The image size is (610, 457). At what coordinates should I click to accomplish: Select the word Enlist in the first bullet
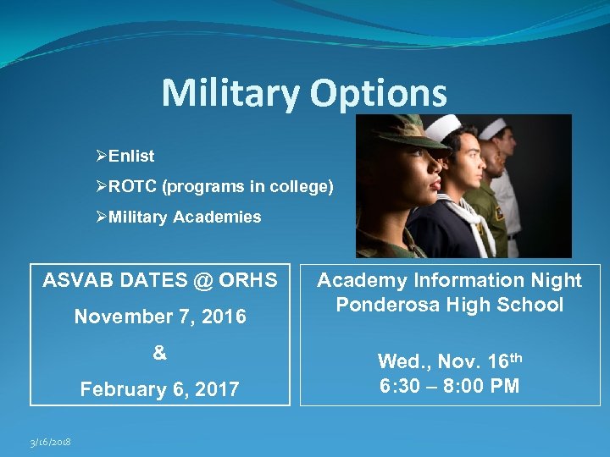pos(132,157)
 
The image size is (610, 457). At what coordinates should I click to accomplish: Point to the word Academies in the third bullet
pos(218,217)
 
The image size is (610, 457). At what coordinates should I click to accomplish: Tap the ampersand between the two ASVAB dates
pos(160,353)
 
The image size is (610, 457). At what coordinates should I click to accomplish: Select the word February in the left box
pos(118,390)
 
